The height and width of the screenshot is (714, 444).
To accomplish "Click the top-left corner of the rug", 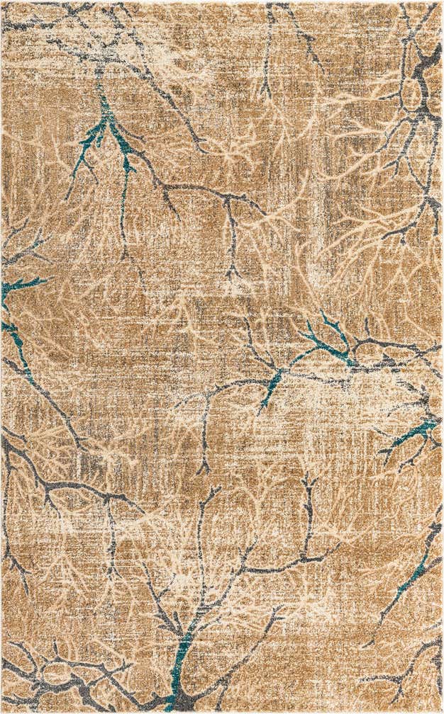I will coord(2,2).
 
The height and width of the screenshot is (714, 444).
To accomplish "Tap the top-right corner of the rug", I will coord(441,2).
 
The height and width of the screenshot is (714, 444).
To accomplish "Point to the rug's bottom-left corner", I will coord(2,711).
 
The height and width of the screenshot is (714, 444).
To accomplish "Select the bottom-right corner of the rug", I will coord(441,711).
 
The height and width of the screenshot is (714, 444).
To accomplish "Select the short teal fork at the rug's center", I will coord(272,386).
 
